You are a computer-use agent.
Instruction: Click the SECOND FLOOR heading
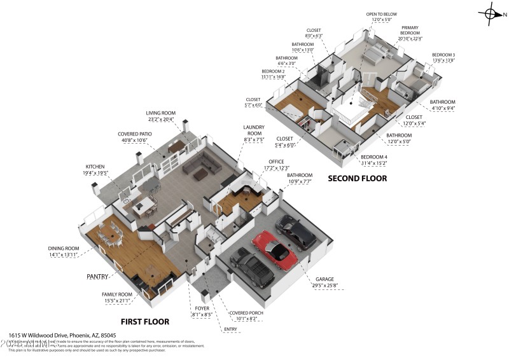[x=357, y=179]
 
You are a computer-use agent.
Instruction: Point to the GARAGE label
[x=324, y=279]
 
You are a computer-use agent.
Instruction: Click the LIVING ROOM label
[x=161, y=113]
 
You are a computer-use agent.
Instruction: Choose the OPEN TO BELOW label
[x=380, y=14]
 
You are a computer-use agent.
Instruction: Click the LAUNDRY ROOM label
[x=253, y=130]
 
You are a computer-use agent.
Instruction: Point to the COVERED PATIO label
[x=133, y=134]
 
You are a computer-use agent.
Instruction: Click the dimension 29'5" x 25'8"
[x=324, y=286]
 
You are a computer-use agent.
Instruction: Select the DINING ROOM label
[x=64, y=248]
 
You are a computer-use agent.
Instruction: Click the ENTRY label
[x=230, y=329]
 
